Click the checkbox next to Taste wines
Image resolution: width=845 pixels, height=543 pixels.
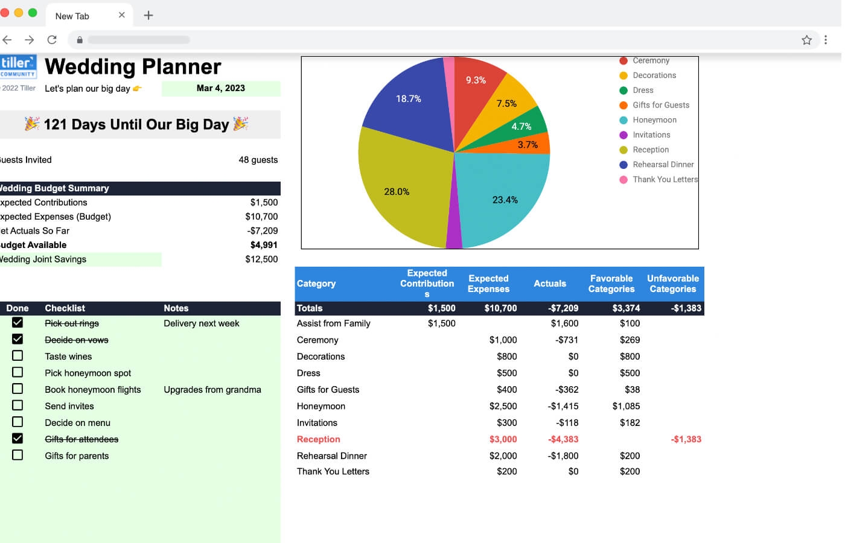[x=18, y=356]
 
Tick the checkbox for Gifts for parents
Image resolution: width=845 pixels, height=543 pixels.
[x=18, y=455]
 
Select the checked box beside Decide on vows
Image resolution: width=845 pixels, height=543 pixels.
[x=18, y=339]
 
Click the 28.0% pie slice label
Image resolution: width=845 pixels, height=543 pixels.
[x=397, y=192]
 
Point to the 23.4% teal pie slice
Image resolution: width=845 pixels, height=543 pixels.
[x=505, y=200]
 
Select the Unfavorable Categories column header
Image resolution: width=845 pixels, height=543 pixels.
[x=672, y=284]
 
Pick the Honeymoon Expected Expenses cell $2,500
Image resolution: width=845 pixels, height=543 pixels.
[x=503, y=406]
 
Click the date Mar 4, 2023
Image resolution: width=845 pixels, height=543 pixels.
[x=221, y=88]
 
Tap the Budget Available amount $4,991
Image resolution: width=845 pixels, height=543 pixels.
[x=264, y=245]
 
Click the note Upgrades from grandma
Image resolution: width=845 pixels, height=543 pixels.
[x=212, y=390]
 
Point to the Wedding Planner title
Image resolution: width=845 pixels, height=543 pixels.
[x=133, y=66]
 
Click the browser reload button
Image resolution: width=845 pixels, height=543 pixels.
[x=52, y=40]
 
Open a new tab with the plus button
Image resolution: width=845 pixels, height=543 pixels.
[x=148, y=16]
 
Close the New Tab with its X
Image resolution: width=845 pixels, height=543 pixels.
[x=122, y=15]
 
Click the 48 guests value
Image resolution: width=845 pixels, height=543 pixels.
[x=258, y=160]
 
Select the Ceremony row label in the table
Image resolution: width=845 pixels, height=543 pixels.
[x=317, y=340]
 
